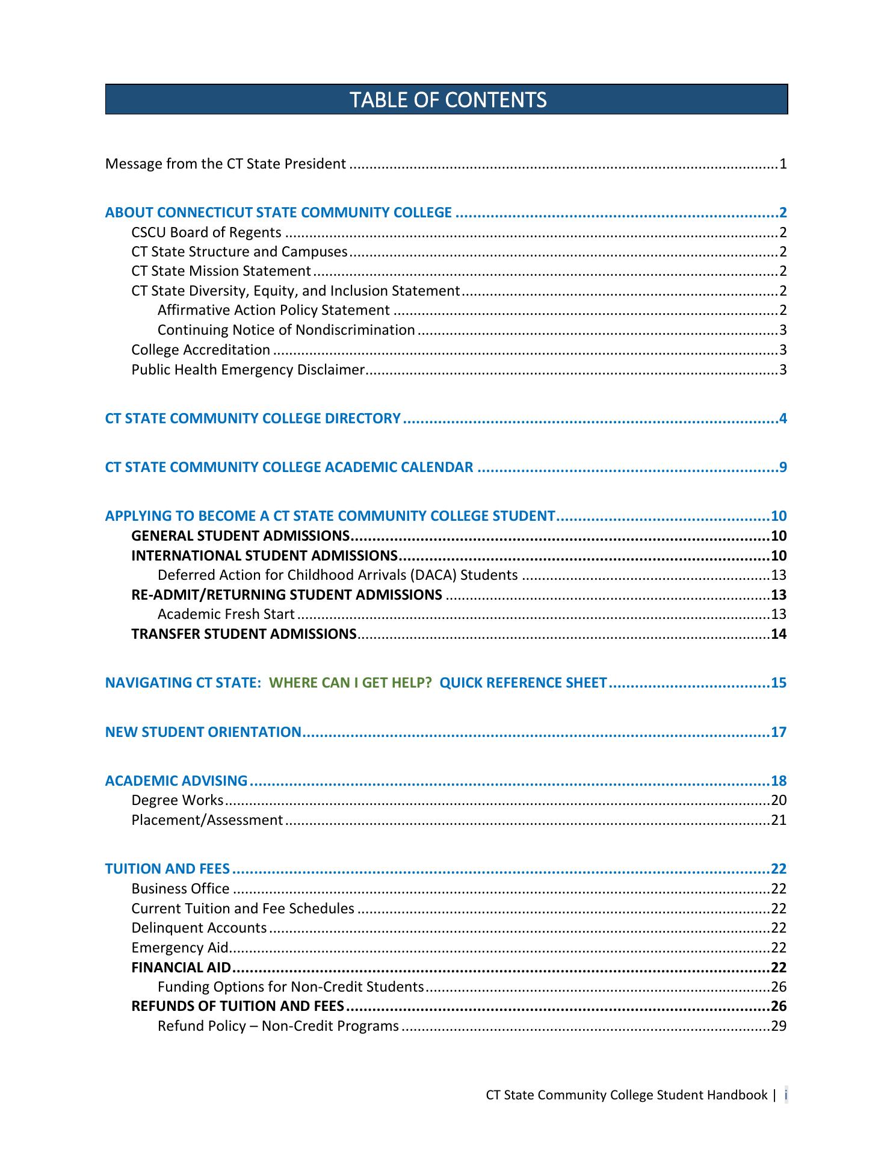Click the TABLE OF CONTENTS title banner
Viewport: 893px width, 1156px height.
[x=446, y=99]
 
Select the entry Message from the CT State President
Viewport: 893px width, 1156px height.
[x=226, y=164]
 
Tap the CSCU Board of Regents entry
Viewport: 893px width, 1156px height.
[x=206, y=232]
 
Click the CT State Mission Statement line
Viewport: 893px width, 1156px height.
[x=221, y=272]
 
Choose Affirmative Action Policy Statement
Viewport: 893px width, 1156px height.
[x=274, y=311]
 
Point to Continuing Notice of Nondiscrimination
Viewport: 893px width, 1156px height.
[x=286, y=331]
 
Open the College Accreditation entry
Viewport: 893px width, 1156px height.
[x=201, y=350]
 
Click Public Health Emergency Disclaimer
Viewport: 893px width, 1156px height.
[x=248, y=370]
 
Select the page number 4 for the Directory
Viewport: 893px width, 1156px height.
[x=782, y=418]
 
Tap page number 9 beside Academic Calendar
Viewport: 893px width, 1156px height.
[x=782, y=467]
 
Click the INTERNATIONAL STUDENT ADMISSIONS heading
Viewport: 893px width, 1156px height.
[x=264, y=555]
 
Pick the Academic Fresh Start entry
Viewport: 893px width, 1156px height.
[x=226, y=614]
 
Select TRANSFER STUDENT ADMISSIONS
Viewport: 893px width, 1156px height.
[x=244, y=634]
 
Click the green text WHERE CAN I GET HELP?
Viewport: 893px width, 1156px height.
[x=350, y=683]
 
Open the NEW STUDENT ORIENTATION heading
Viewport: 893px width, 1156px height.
[x=203, y=732]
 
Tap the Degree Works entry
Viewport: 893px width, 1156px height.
[x=178, y=800]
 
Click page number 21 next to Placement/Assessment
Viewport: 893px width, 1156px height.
[x=779, y=820]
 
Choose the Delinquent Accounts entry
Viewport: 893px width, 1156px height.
[x=199, y=928]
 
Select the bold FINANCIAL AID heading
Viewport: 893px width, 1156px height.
[x=181, y=968]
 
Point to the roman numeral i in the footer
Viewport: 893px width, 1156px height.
[x=786, y=1095]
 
